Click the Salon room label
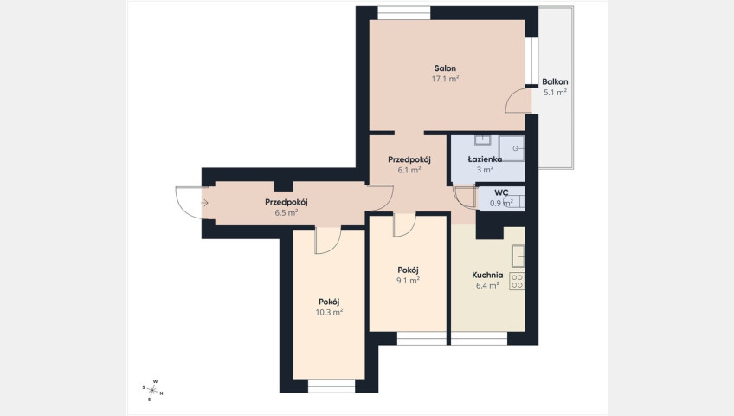tap(445, 68)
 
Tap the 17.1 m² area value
tap(445, 79)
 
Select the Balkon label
tap(555, 82)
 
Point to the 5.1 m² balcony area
tap(555, 92)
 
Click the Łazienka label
tap(485, 159)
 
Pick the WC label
tap(501, 192)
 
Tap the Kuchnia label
tap(487, 275)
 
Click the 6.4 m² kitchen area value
tap(487, 285)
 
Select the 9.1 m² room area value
tap(408, 280)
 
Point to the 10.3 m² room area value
tap(329, 312)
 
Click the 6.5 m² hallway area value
tap(286, 212)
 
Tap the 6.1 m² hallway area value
tap(409, 170)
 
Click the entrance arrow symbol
tap(204, 203)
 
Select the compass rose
tap(152, 390)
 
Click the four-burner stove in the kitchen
tap(517, 281)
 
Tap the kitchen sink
tap(518, 256)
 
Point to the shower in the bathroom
tap(512, 148)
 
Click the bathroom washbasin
tap(483, 140)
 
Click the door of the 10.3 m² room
tap(328, 240)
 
